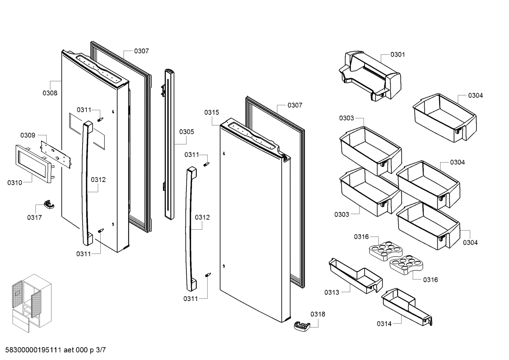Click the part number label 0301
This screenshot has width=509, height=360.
tap(397, 55)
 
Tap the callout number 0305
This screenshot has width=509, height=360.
tap(186, 132)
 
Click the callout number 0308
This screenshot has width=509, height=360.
tap(50, 93)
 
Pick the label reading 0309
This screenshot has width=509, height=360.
tap(28, 135)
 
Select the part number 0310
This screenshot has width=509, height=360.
tap(14, 183)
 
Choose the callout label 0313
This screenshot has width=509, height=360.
tap(331, 292)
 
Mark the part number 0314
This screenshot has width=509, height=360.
tap(384, 324)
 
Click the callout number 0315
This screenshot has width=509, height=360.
tap(211, 112)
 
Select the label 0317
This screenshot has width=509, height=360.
tap(34, 217)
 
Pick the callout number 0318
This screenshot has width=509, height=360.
tap(318, 314)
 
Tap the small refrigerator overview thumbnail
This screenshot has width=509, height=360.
tap(30, 303)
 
